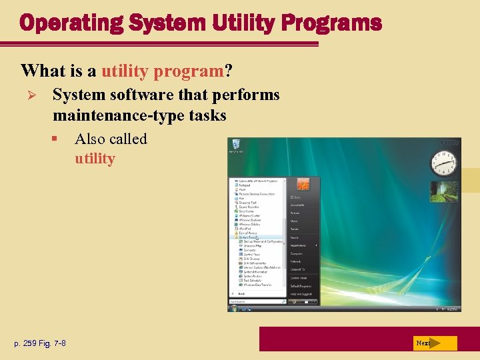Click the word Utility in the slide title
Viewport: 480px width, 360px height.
click(239, 23)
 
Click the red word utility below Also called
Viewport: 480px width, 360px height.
click(95, 159)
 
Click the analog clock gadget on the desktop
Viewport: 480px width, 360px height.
click(443, 162)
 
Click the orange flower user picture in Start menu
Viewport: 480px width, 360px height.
click(303, 185)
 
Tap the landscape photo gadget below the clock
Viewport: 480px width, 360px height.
click(443, 191)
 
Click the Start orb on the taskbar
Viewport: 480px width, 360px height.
click(233, 309)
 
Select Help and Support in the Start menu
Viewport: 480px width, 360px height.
click(301, 294)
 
